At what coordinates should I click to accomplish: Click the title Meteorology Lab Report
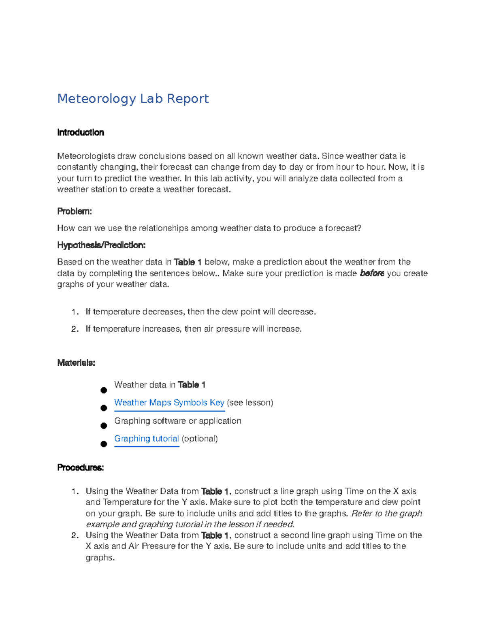tap(133, 98)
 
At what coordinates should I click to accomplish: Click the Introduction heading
tap(81, 132)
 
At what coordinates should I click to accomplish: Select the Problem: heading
tap(75, 211)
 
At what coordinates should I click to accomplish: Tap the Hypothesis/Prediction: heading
tap(101, 245)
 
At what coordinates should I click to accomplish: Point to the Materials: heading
tap(76, 362)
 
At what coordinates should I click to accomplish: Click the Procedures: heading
tap(81, 467)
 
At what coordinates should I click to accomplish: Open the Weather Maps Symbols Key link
tap(169, 403)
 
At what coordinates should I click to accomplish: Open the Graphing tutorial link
tap(146, 439)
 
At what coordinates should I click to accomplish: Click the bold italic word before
tap(372, 273)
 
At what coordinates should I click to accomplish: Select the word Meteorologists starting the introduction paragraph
tap(86, 156)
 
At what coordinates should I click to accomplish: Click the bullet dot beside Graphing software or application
tap(104, 426)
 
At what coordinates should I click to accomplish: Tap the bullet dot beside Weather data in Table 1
tap(104, 390)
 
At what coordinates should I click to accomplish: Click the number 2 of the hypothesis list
tap(74, 329)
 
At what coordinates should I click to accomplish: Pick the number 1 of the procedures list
tap(74, 491)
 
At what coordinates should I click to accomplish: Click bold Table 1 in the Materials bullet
tap(192, 385)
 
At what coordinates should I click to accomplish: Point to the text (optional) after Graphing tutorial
tap(200, 439)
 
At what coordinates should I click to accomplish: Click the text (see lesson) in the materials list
tap(250, 403)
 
